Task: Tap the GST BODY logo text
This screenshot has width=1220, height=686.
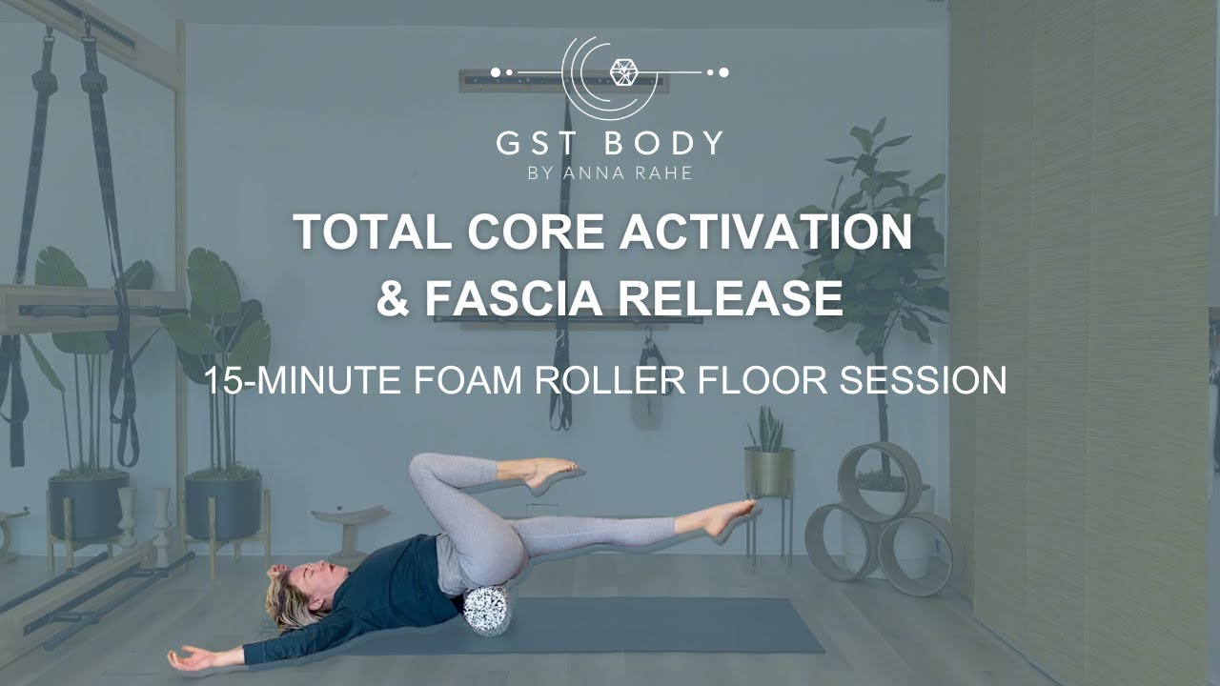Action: pyautogui.click(x=609, y=143)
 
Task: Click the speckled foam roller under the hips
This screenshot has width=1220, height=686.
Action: pyautogui.click(x=487, y=609)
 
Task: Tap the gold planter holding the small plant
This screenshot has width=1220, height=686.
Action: pyautogui.click(x=768, y=471)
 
